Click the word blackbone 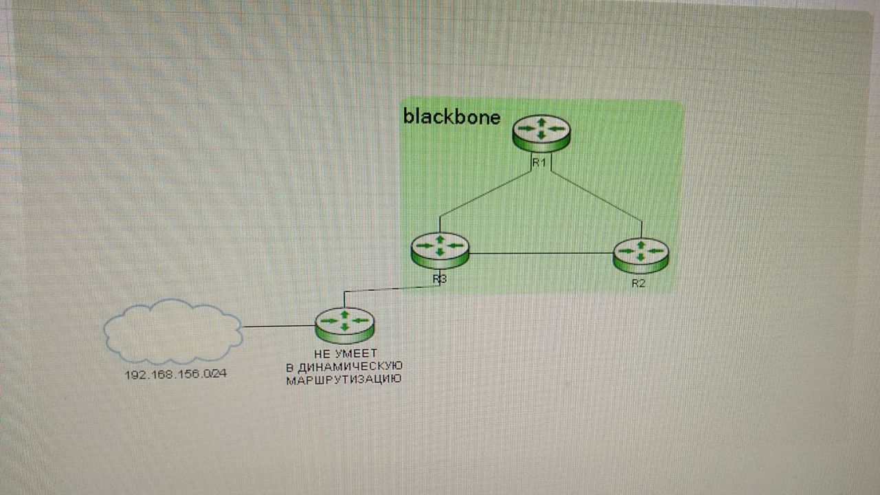[452, 117]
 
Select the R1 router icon [541, 133]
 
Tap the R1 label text [539, 163]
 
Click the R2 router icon [641, 255]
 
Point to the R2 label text [639, 283]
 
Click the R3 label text [439, 279]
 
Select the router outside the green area [345, 326]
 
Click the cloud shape [173, 331]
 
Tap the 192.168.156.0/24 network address [175, 375]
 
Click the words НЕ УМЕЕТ [346, 353]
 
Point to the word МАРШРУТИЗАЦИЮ [344, 380]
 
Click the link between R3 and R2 [541, 254]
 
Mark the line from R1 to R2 [596, 196]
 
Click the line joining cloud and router [279, 326]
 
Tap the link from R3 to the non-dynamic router [392, 289]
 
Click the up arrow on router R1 [541, 122]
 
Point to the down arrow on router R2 [641, 257]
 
